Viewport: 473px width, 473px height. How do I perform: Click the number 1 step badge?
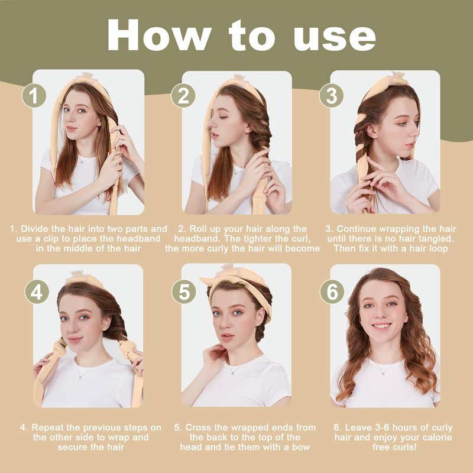pos(34,95)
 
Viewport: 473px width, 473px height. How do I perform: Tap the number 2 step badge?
pos(183,95)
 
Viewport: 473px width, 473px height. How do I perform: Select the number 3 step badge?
pos(332,95)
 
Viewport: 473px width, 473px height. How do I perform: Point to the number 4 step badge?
pos(37,291)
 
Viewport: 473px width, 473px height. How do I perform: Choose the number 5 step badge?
pos(184,291)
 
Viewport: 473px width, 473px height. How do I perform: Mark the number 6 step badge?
pos(332,291)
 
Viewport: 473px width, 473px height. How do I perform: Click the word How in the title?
pos(159,35)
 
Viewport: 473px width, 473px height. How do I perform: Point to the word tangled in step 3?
pos(436,239)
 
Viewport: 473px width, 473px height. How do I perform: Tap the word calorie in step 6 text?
pos(435,437)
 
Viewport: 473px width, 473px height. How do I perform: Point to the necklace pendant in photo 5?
pos(232,373)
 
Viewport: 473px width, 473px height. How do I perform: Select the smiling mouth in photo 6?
pos(381,326)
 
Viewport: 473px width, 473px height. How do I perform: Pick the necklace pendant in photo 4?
pos(79,377)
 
